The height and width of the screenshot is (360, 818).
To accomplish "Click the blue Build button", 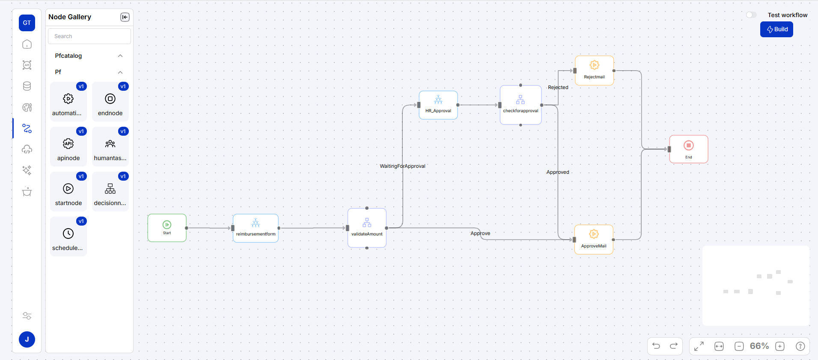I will tap(776, 30).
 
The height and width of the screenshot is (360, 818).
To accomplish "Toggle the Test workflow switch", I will tap(751, 15).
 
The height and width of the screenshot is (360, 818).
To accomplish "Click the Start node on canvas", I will tap(167, 228).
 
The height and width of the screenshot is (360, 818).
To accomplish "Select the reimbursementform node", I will tap(256, 228).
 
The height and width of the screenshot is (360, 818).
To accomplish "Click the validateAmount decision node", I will tap(367, 228).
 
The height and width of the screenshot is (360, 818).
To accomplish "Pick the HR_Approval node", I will tap(438, 105).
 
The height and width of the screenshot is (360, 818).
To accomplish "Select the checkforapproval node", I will tap(521, 105).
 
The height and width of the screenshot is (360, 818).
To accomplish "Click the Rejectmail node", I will tap(594, 71).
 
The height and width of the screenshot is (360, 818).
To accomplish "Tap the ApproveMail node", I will tap(594, 239).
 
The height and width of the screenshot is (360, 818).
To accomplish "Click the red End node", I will tap(688, 149).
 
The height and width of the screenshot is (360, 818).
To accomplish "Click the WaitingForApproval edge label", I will tap(402, 166).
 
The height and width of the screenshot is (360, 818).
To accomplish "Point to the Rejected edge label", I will tap(558, 87).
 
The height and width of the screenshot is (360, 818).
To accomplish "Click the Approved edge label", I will tap(557, 172).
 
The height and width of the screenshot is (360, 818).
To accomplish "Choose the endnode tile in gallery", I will tap(110, 102).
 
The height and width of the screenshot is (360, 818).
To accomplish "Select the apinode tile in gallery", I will tap(68, 147).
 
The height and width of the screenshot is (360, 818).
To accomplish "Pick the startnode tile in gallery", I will tap(68, 192).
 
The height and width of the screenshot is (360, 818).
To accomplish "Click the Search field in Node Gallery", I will tap(89, 36).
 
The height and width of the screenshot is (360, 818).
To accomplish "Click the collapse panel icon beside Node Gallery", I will tap(125, 17).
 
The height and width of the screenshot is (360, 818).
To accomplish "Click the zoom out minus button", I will tap(739, 346).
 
